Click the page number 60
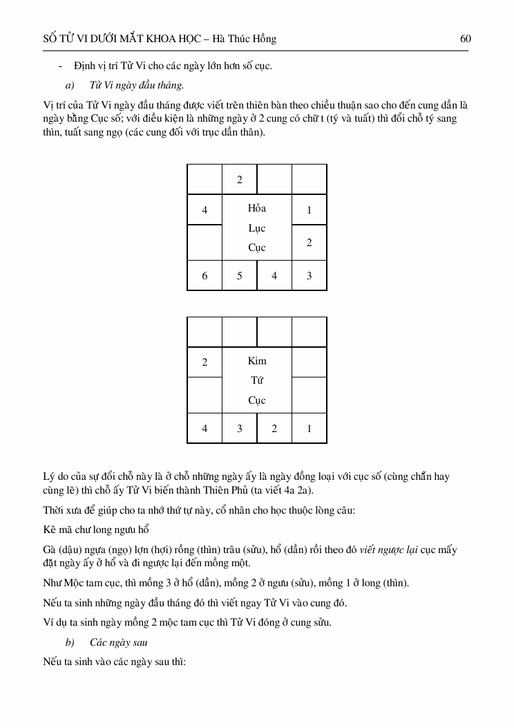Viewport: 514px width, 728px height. pos(465,39)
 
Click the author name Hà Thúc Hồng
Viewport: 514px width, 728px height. pos(246,39)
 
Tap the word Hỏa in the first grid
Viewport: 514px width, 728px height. pos(257,208)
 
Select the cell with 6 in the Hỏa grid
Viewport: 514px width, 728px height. pos(204,276)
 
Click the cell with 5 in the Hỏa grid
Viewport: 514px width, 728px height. pos(240,276)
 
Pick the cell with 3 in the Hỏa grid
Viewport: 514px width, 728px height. pos(309,276)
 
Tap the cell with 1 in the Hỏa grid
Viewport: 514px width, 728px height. pos(309,210)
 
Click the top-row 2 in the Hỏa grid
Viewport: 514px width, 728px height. pos(240,180)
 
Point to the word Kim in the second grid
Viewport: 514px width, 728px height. pos(257,361)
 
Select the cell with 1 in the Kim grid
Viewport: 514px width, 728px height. pos(309,429)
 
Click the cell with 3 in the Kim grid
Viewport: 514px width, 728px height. pos(240,429)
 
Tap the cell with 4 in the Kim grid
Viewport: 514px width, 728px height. pos(204,429)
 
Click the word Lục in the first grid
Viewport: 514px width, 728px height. pos(257,228)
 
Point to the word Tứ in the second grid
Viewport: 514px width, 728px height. pos(257,380)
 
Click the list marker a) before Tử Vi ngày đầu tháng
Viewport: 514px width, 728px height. pos(69,86)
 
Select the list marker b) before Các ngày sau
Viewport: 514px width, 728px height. pos(69,642)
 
